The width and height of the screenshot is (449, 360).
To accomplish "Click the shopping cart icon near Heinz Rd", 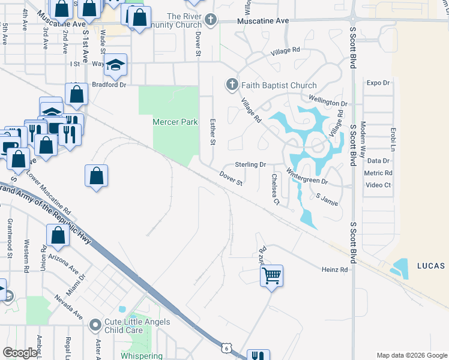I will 271,276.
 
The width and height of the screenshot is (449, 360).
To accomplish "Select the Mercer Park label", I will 175,122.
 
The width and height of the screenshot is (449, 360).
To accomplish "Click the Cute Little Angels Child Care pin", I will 95,326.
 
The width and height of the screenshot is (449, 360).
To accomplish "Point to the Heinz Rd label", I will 335,270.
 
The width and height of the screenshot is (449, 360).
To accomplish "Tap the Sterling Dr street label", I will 250,164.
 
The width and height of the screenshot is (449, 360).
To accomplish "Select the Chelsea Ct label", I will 276,189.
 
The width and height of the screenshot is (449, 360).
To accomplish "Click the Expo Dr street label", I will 378,83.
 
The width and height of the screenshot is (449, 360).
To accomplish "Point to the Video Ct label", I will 378,185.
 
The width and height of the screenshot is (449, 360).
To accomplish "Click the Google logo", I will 20,353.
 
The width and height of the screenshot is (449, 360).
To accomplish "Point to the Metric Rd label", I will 379,173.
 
